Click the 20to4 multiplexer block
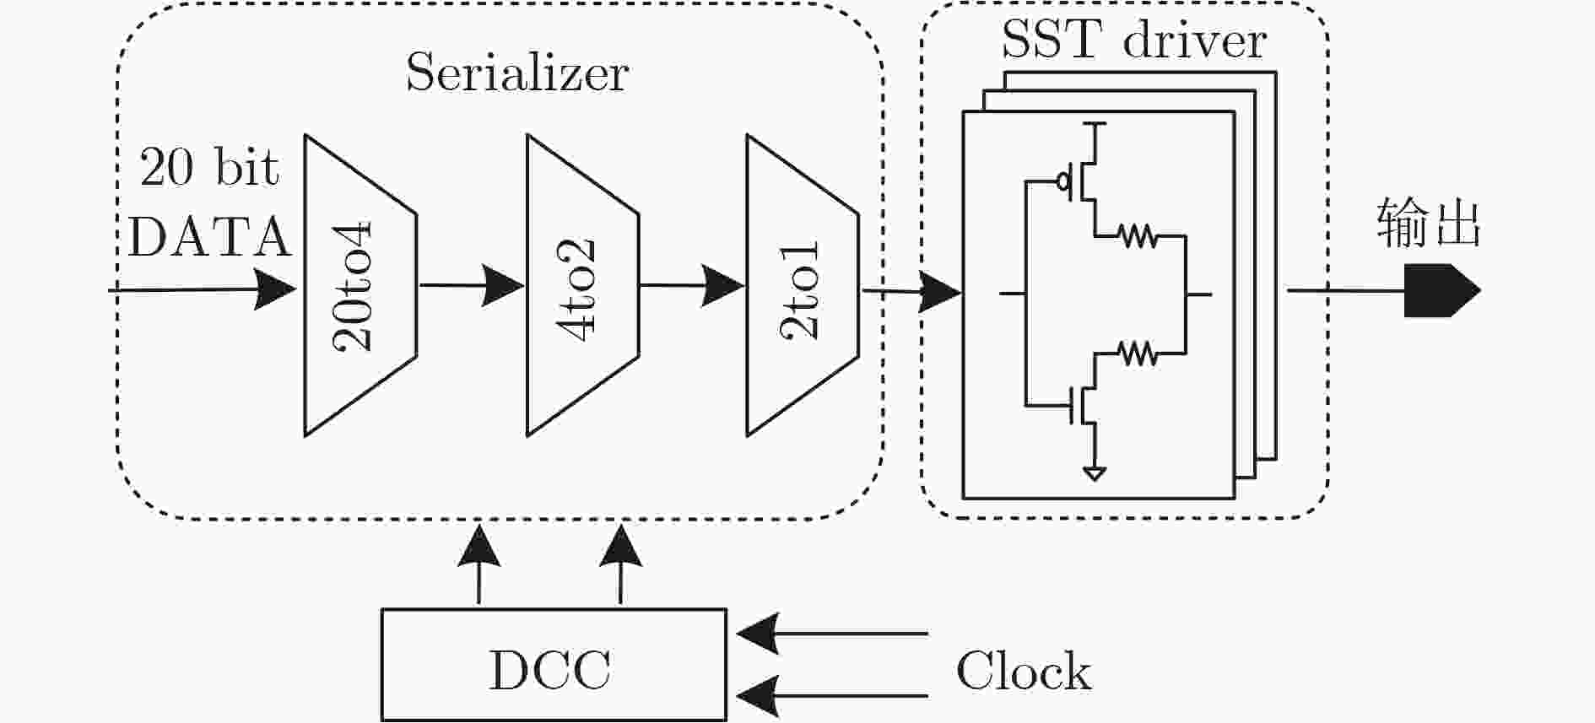coord(360,285)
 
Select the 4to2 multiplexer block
coord(582,285)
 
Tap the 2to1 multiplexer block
coord(803,285)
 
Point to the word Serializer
coord(517,73)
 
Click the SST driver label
coord(1134,39)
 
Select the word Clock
coord(1023,672)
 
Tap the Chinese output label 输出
coord(1429,224)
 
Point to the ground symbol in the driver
coord(1095,474)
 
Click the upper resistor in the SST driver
coord(1138,235)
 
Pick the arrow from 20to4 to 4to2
coord(472,285)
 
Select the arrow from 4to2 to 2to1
coord(693,285)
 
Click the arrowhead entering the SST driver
coord(940,293)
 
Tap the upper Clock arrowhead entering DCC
coord(758,633)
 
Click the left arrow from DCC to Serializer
coord(478,564)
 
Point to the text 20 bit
coord(209,167)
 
